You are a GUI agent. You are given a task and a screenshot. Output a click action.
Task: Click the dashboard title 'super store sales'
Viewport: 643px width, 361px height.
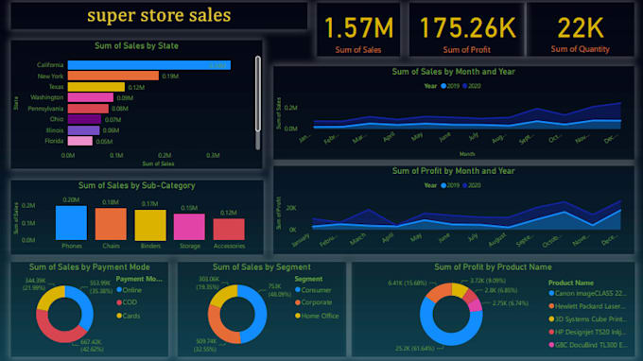coord(158,16)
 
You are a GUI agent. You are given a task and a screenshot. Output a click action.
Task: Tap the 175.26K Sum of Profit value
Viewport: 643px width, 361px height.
coord(467,27)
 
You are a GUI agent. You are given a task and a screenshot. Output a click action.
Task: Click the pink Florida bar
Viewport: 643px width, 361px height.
coord(79,141)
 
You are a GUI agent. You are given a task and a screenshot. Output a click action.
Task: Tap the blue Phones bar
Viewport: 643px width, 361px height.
coord(72,223)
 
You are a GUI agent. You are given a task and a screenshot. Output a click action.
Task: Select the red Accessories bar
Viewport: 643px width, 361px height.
coord(229,228)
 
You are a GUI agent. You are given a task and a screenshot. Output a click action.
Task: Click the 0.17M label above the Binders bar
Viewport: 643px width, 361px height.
coord(149,203)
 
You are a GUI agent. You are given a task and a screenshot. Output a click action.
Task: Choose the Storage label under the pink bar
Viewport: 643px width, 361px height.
coord(189,246)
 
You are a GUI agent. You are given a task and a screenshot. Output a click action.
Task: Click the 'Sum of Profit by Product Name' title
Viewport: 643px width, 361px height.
coord(493,267)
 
